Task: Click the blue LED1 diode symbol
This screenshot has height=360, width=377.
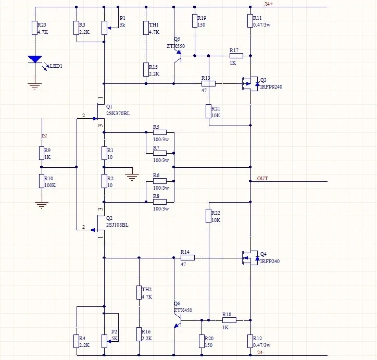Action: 35,59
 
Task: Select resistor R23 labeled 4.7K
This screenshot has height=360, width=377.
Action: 35,28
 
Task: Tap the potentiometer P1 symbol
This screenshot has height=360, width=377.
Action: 104,28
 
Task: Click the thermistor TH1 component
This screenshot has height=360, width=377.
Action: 146,28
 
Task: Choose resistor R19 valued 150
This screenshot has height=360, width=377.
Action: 195,21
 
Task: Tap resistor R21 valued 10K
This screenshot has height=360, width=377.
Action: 208,111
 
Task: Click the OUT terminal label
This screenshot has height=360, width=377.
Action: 262,179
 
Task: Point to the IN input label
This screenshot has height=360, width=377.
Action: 44,136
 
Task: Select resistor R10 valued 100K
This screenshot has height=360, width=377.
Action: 42,181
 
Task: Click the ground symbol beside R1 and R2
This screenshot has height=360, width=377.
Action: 132,176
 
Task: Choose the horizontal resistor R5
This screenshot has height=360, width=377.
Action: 159,132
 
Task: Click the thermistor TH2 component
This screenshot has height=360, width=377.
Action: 139,293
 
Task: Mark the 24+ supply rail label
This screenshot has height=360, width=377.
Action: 269,4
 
